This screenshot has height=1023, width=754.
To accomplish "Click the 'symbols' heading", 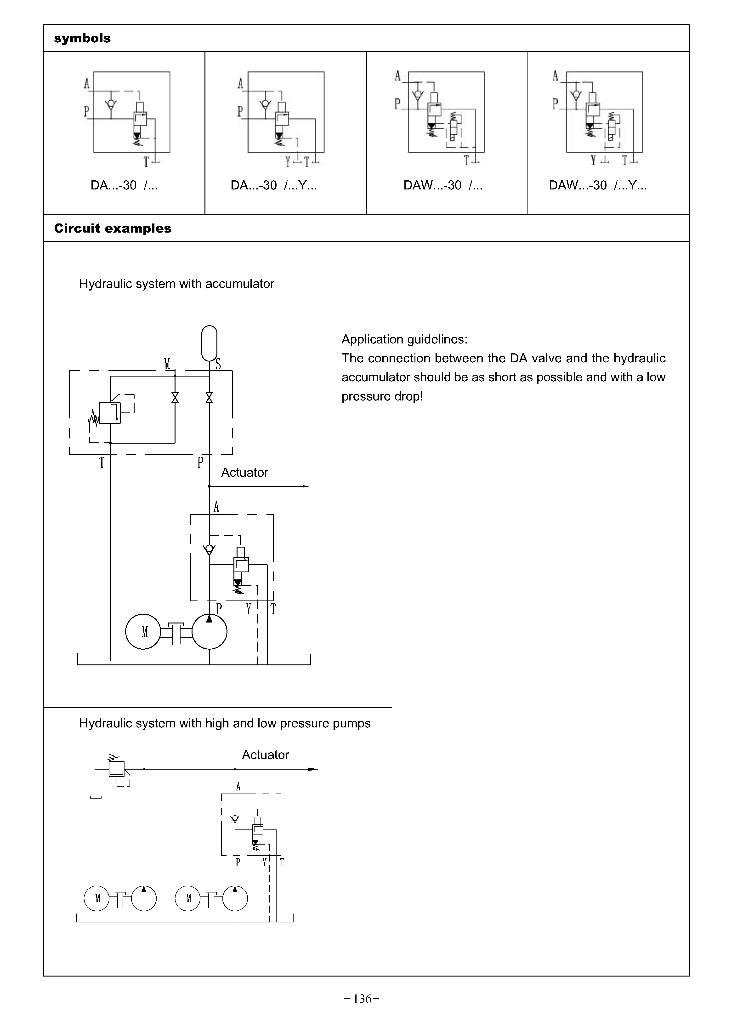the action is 82,38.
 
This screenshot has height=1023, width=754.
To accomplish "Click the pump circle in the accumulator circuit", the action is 210,632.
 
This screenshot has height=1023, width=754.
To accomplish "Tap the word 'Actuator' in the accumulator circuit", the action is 245,473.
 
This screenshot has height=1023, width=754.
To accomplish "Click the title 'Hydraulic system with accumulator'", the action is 177,284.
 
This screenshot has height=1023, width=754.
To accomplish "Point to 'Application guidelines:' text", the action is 404,340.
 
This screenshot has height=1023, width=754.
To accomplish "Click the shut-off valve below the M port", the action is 175,398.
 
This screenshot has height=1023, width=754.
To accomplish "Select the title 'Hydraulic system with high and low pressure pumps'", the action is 225,724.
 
